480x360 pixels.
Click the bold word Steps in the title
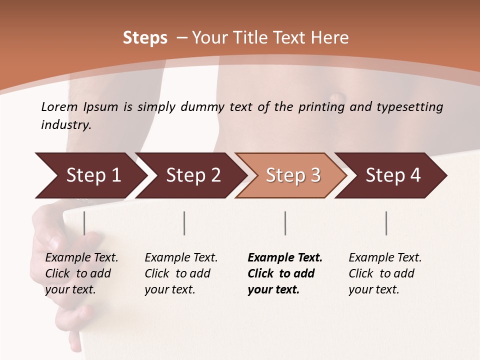tap(145, 38)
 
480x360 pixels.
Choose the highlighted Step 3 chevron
tap(293, 175)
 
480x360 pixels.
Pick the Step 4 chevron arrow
tap(393, 175)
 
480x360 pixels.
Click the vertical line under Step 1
tap(84, 223)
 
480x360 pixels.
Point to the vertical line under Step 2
tap(184, 223)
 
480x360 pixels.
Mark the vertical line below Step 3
tap(285, 223)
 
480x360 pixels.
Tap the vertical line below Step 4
tap(386, 223)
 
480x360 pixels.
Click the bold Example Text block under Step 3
tap(285, 273)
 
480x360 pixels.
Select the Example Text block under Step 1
tap(81, 273)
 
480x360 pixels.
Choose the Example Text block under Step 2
tap(181, 273)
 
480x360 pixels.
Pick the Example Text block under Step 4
tap(385, 273)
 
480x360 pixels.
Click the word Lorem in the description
tap(59, 106)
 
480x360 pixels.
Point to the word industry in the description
tap(66, 125)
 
